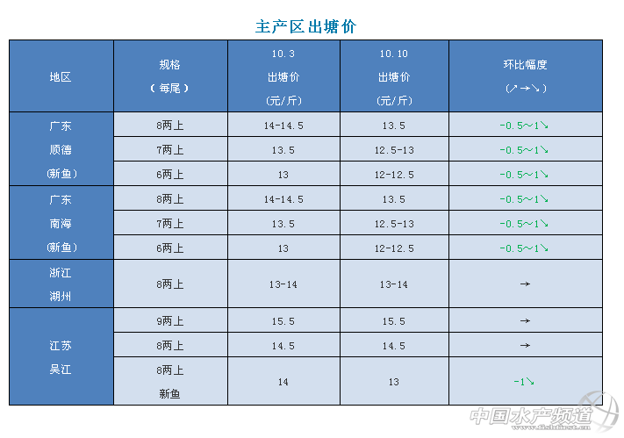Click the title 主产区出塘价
(305, 27)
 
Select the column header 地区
(61, 76)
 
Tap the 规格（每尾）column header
(170, 76)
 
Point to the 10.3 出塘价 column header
(283, 76)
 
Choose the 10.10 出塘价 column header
(394, 76)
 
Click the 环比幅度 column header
(526, 76)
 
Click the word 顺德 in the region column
(61, 150)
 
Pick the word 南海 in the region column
(61, 224)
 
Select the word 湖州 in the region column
(61, 297)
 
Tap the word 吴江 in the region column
(61, 370)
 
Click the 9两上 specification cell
(170, 321)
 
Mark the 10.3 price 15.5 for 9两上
(283, 321)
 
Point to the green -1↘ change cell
(525, 382)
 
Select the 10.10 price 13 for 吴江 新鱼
(394, 382)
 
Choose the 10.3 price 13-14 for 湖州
(283, 284)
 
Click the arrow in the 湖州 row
(525, 284)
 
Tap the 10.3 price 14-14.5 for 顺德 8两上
(283, 126)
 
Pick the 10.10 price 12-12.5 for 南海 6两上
(394, 248)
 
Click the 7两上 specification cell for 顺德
(170, 150)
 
